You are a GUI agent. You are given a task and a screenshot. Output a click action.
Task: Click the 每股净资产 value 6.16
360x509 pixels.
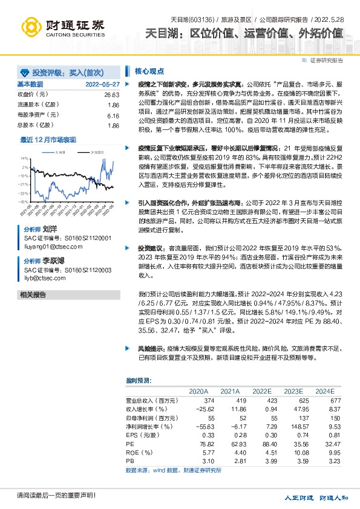click(x=113, y=115)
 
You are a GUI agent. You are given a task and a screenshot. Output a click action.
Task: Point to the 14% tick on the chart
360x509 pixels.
click(x=24, y=159)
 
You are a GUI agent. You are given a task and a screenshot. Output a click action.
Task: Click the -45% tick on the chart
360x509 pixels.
click(x=23, y=201)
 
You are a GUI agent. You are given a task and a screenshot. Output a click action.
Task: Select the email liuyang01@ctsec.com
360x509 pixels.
click(x=49, y=246)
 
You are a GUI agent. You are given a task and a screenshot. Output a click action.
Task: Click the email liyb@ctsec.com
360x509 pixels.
click(x=43, y=279)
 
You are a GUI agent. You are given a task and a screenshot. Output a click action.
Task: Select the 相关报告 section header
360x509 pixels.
click(x=33, y=294)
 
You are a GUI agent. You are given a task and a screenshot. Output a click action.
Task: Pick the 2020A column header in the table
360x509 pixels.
click(x=199, y=391)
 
